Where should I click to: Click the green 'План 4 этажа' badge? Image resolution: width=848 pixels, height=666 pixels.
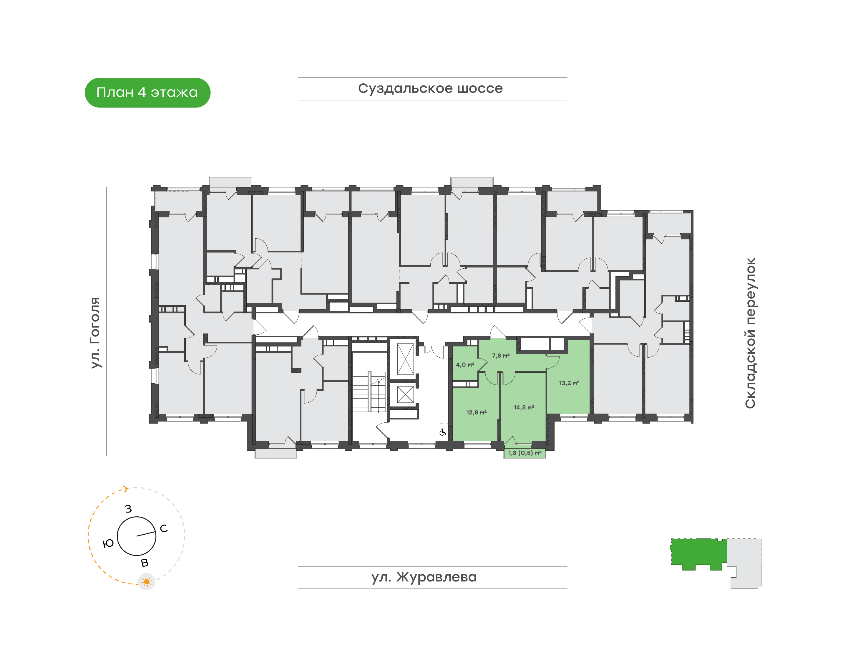tap(147, 92)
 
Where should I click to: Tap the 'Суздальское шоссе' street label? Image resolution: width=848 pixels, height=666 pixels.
tap(430, 88)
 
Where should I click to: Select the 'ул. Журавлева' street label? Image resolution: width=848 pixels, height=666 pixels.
tap(424, 577)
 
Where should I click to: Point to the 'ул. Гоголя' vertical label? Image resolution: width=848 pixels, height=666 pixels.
tap(95, 333)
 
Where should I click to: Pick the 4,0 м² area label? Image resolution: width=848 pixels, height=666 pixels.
tap(465, 365)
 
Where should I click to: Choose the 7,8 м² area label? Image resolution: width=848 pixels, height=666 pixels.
tap(501, 356)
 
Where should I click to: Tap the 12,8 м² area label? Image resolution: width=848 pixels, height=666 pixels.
tap(477, 412)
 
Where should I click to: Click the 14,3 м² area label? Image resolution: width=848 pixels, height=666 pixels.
tap(524, 407)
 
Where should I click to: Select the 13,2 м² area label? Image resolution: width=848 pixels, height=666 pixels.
tap(569, 383)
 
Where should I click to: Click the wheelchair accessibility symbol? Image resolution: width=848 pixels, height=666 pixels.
tap(442, 432)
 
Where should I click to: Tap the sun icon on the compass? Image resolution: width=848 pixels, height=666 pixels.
tap(147, 582)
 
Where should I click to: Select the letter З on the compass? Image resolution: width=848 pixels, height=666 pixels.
tap(128, 509)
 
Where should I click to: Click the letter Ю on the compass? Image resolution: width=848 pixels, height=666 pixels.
tap(108, 543)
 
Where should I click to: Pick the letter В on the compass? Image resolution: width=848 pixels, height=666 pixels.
tap(145, 563)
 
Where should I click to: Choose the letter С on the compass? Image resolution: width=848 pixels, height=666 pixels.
tap(164, 528)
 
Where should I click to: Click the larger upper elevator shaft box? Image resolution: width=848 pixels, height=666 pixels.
tap(405, 359)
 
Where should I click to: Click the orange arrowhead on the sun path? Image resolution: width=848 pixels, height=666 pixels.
tap(125, 489)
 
